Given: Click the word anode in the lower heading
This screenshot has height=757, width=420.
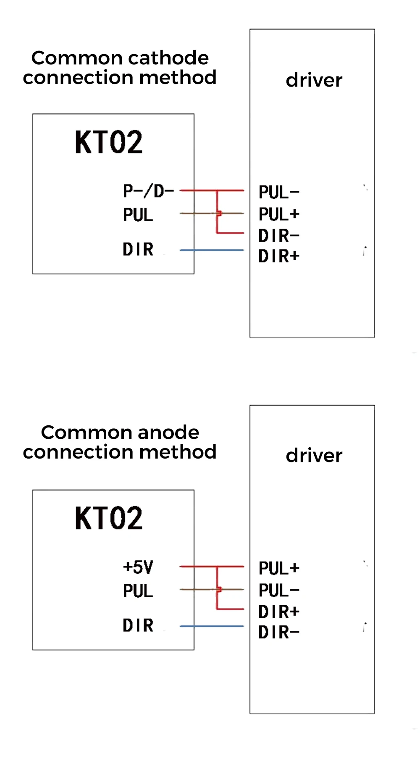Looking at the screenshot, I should (x=168, y=433).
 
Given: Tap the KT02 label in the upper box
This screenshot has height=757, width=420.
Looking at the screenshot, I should (x=109, y=142).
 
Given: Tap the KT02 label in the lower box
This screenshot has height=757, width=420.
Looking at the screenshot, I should (x=109, y=518).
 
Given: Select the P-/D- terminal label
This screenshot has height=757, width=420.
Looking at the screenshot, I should (x=148, y=191).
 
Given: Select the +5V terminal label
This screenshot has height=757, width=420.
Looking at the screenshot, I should (x=138, y=567).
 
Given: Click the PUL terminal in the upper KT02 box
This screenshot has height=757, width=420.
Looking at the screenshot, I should (x=138, y=215).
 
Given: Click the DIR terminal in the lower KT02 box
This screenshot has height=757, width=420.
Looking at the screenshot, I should (x=138, y=625).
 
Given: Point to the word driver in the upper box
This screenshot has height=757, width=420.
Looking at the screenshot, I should (x=314, y=80).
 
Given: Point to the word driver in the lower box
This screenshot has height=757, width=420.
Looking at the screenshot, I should (x=314, y=455).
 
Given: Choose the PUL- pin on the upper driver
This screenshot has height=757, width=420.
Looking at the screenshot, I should (x=279, y=193).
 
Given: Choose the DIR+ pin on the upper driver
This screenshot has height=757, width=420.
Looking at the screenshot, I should (x=279, y=256).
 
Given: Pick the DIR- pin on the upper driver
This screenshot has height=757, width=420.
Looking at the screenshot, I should (x=279, y=236).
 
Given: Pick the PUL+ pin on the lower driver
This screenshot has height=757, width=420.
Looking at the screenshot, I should (x=279, y=568).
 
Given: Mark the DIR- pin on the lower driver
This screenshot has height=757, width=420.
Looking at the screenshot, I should (x=279, y=632).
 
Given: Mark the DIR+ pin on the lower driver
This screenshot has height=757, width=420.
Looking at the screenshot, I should (x=279, y=612).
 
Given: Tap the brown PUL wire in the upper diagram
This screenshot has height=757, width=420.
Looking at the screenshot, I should (x=197, y=214).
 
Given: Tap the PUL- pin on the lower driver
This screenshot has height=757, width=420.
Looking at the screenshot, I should (x=279, y=591).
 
